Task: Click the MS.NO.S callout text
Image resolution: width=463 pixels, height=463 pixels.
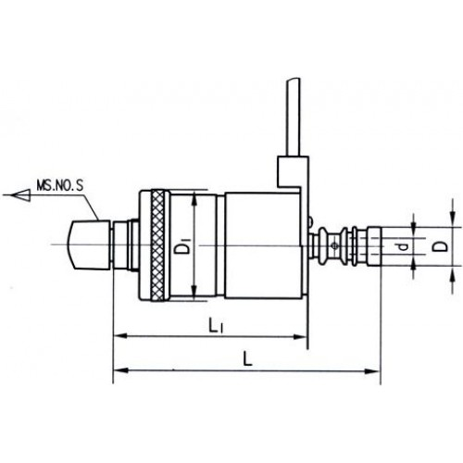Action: pos(60,186)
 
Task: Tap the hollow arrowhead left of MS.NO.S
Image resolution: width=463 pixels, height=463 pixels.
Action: pos(20,195)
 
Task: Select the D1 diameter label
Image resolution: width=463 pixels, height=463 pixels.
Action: pos(184,245)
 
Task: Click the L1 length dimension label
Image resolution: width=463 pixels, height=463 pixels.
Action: pos(214,326)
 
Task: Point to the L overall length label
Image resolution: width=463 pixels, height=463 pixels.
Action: pos(247,359)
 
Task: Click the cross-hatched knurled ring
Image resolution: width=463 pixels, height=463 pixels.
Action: pos(157,245)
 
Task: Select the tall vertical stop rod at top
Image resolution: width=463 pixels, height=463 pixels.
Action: pos(293,117)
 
